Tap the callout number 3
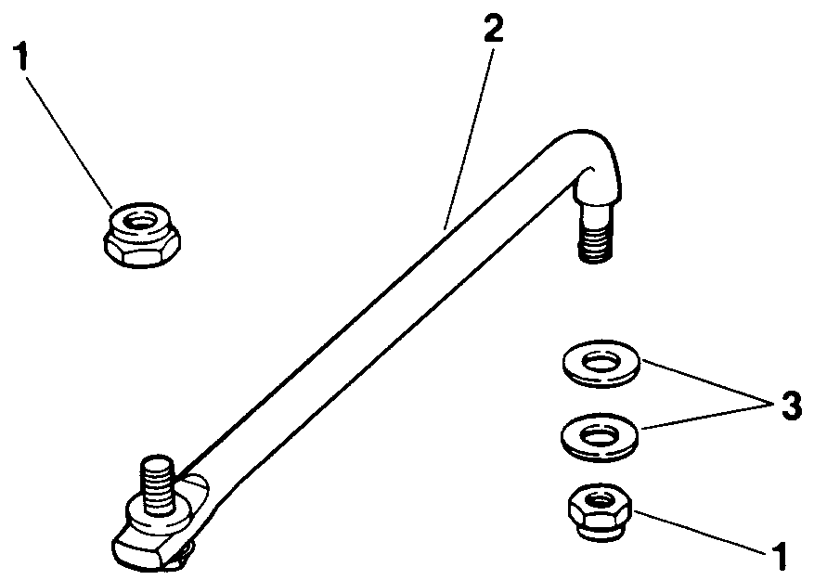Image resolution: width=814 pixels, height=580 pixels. coord(789,406)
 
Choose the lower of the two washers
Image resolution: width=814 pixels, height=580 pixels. coord(601,433)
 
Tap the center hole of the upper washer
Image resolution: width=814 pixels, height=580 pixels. coord(601,360)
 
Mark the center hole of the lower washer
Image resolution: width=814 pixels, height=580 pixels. coord(601,432)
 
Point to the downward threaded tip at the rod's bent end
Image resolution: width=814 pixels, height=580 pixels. coord(594,244)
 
